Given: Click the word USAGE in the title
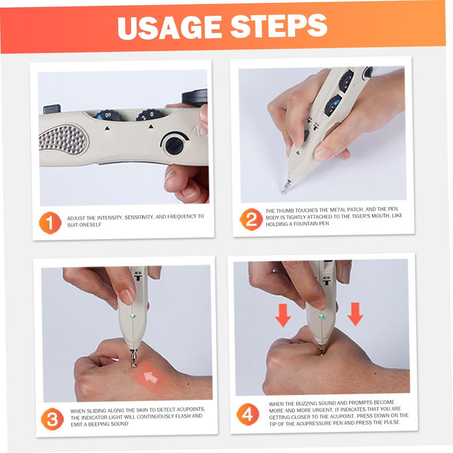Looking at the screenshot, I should click(168, 26).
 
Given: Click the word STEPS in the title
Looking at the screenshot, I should click(278, 26).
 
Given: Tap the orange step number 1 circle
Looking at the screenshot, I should click(50, 223).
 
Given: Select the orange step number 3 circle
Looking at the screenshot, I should click(52, 418).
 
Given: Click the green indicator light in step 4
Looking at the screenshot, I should click(322, 316).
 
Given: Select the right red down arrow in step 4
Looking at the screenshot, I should click(355, 313).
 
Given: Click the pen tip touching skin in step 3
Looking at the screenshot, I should click(133, 362).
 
